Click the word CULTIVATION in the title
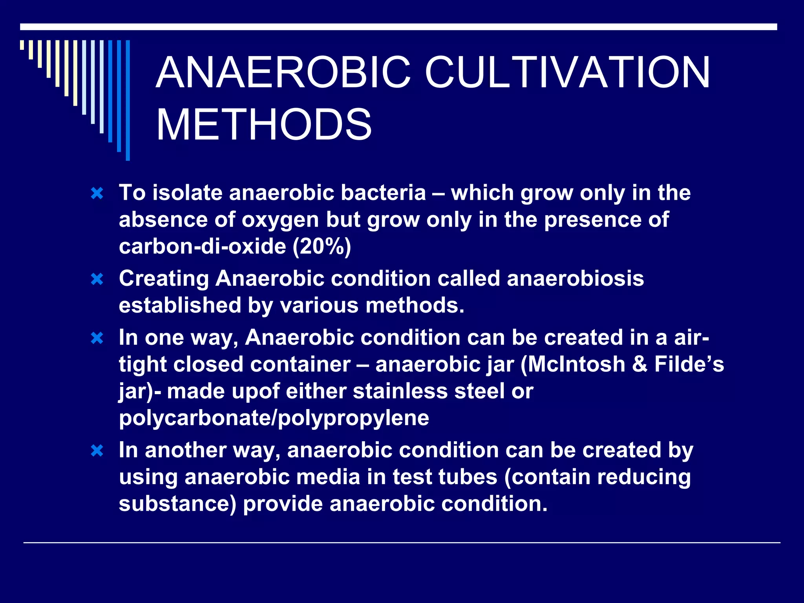click(x=567, y=73)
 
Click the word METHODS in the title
click(x=264, y=125)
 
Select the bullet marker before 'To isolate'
click(x=97, y=193)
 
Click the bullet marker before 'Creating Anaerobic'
click(x=97, y=279)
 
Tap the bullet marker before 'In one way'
click(x=97, y=338)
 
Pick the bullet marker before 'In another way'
click(x=97, y=451)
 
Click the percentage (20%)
click(x=322, y=247)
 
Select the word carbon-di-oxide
click(x=203, y=247)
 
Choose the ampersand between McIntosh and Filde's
click(x=640, y=364)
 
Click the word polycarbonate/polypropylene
click(x=274, y=418)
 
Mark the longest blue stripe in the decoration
click(x=128, y=100)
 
